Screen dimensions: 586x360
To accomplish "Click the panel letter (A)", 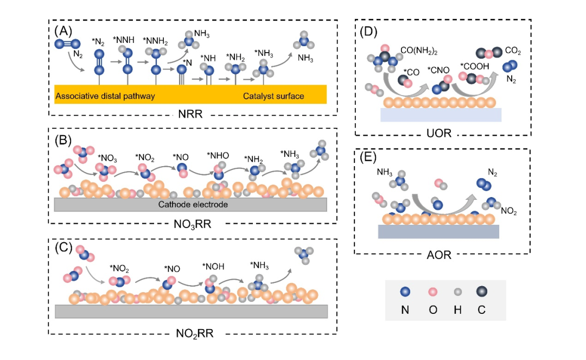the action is click(63, 30).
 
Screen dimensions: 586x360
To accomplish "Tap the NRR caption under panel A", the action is click(190, 113).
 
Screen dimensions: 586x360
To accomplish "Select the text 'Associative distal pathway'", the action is click(105, 96).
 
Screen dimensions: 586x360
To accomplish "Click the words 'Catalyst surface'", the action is click(273, 96).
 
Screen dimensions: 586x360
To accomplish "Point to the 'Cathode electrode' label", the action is click(193, 205).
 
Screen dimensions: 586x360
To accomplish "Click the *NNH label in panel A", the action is click(123, 40).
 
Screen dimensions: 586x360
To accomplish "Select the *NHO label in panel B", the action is click(218, 155).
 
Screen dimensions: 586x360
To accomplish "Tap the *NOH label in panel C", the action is click(213, 267).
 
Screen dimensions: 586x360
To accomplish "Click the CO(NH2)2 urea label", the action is click(418, 51).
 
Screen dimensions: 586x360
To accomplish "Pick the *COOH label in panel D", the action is click(475, 67).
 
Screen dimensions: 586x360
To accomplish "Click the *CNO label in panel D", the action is click(438, 70).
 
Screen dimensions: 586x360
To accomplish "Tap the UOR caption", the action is click(439, 133).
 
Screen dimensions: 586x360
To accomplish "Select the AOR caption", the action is click(439, 255).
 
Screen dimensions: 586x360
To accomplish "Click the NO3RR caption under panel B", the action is click(193, 224).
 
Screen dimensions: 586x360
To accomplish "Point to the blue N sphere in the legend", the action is click(405, 292).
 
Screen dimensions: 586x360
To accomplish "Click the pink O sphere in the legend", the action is click(433, 292).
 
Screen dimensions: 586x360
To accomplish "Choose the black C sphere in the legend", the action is click(482, 292).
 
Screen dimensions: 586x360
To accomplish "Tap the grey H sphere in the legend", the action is click(458, 292).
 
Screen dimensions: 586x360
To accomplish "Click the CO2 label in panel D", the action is click(513, 51).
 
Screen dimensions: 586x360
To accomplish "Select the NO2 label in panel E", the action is click(508, 212).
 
